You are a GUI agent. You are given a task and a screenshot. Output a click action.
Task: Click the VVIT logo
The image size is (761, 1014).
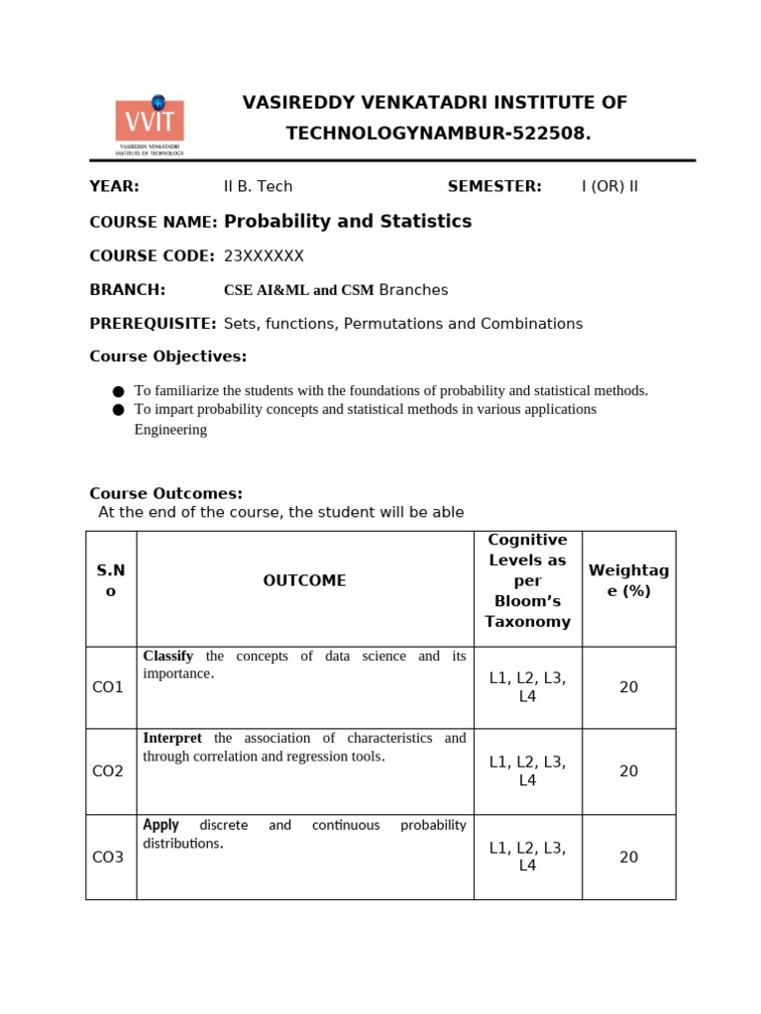150,126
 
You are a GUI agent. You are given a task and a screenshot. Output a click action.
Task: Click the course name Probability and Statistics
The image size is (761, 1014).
348,222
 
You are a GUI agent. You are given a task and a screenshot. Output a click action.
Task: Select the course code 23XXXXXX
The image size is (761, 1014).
264,256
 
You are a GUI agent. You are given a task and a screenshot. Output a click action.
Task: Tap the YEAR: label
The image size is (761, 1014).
114,187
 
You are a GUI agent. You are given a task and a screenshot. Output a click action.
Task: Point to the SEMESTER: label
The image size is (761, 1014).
494,187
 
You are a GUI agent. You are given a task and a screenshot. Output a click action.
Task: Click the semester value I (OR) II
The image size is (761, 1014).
609,187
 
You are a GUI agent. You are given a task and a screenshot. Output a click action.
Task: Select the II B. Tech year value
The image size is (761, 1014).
258,187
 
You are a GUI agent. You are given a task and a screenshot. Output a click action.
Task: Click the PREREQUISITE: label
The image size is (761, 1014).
153,324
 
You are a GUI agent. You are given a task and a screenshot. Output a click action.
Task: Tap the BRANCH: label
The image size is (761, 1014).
127,290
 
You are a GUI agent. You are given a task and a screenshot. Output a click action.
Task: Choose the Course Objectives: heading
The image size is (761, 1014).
167,356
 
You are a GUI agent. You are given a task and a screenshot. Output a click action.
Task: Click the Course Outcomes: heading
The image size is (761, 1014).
165,493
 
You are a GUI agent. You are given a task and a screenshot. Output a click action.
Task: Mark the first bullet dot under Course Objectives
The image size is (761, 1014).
119,391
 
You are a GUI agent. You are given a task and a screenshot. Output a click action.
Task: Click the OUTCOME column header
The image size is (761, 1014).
304,581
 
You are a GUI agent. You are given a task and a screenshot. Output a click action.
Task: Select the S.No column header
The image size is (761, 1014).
111,581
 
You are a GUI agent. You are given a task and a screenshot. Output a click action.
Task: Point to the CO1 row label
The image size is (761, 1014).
108,687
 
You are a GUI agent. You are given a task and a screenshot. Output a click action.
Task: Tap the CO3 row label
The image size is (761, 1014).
108,858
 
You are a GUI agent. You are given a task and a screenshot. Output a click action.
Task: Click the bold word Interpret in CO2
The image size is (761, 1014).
172,738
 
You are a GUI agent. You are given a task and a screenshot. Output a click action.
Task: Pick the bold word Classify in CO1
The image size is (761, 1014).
168,656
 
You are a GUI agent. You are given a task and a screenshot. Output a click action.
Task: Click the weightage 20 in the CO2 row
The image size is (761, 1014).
628,771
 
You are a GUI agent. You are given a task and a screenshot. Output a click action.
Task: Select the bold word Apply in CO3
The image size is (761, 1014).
161,825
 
